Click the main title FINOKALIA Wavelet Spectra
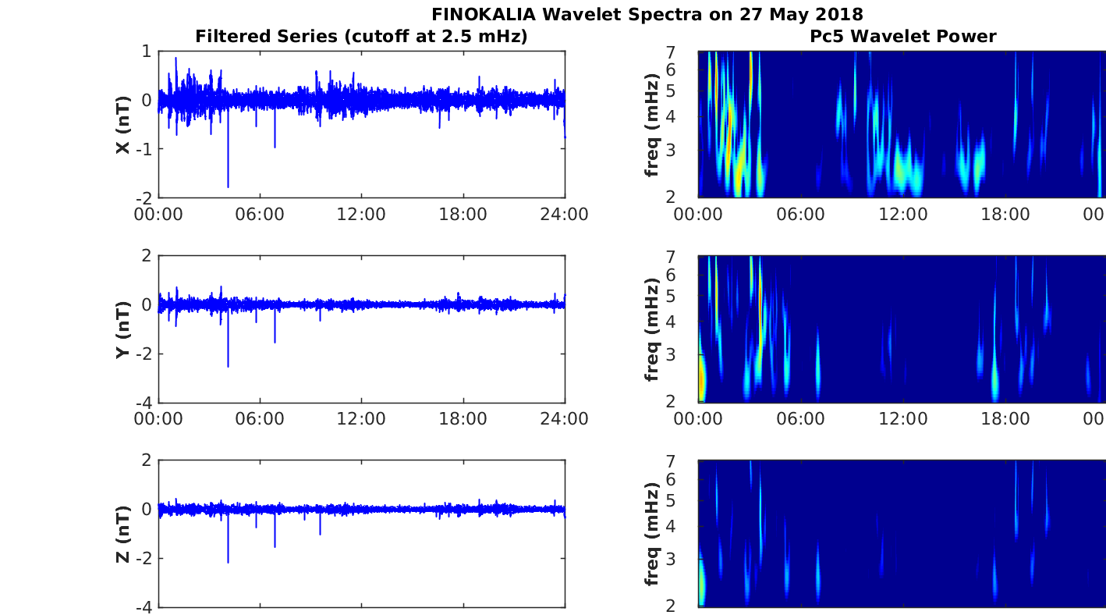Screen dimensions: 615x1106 pos(647,14)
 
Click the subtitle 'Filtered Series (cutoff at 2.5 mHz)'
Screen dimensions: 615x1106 pos(361,36)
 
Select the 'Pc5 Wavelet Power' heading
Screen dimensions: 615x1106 pos(902,36)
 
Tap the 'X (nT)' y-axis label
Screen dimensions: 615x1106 pos(122,124)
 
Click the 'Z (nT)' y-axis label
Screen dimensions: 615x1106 pos(122,534)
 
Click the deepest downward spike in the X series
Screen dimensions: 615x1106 pos(228,186)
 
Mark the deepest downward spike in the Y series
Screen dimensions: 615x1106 pos(228,365)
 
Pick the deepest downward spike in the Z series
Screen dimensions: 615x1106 pos(228,561)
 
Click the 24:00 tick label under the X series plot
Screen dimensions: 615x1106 pos(565,214)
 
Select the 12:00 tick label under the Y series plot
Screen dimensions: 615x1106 pos(361,419)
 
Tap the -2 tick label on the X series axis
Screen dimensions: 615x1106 pos(144,197)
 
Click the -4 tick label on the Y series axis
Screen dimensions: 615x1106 pos(144,403)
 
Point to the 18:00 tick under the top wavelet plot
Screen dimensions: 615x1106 pos(1005,214)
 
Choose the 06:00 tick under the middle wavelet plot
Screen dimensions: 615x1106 pos(801,419)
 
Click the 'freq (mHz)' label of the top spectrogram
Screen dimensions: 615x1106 pos(652,124)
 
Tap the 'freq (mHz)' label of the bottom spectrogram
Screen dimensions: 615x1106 pos(652,534)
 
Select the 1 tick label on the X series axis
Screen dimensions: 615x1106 pos(147,52)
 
